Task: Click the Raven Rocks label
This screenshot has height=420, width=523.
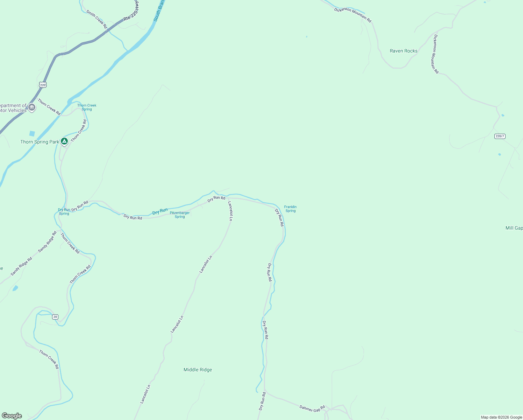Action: click(x=403, y=51)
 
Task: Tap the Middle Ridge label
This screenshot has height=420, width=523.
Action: click(x=198, y=370)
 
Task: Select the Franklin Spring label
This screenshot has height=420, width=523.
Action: click(x=290, y=209)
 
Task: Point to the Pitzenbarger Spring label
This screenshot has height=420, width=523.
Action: click(x=180, y=215)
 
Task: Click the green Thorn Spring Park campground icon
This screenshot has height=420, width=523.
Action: click(x=64, y=141)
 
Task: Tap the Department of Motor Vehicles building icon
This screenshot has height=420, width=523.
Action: click(x=32, y=107)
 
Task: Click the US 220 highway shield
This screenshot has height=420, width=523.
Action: click(x=43, y=85)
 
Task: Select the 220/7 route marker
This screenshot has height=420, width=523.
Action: click(x=500, y=136)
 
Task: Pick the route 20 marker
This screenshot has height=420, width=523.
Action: click(x=55, y=317)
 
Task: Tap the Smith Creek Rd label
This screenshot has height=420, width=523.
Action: click(x=97, y=19)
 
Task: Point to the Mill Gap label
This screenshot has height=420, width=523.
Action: click(x=514, y=228)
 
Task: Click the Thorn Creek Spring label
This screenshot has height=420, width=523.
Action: click(x=87, y=107)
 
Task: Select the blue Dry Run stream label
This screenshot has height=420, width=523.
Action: click(x=160, y=211)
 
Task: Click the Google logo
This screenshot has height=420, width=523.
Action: click(x=12, y=416)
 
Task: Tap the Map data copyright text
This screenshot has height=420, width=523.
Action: click(x=501, y=417)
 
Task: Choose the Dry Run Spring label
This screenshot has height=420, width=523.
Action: click(x=64, y=212)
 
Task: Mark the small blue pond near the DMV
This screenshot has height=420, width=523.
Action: click(x=32, y=133)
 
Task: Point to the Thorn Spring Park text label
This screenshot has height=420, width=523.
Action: click(x=40, y=142)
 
